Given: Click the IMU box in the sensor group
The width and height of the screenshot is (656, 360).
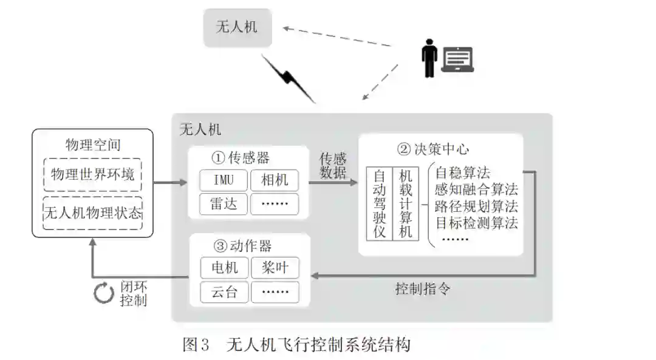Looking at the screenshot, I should point(224,180).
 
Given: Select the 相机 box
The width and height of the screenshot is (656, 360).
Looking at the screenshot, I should point(275,180).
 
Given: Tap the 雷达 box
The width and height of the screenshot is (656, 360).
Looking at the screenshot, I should point(224,203).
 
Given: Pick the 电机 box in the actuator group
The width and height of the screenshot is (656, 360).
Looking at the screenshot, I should point(224,267).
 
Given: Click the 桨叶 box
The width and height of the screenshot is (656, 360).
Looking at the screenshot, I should point(275,267).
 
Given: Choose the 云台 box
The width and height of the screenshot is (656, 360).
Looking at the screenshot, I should point(224,292).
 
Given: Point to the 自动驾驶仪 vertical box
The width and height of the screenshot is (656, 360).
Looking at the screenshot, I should point(379,203).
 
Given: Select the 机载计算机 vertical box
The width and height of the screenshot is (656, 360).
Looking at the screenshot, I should point(405,203).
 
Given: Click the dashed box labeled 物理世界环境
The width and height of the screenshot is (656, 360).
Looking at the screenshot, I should point(93,175).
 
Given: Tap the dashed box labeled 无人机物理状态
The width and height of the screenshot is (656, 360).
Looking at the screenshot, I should point(93,213).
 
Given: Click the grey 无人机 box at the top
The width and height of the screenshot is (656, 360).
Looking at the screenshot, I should point(237,27).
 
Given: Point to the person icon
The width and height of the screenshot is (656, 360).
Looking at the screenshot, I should point(430,58).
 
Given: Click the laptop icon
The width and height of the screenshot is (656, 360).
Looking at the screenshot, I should point(457,60).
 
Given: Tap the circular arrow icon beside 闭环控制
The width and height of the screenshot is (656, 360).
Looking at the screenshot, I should point(103,293).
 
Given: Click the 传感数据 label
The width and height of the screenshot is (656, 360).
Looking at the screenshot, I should point(333,166).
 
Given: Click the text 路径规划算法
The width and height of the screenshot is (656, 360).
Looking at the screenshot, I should point(476,206).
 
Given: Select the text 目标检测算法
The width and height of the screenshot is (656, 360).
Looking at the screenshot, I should point(476,222).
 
